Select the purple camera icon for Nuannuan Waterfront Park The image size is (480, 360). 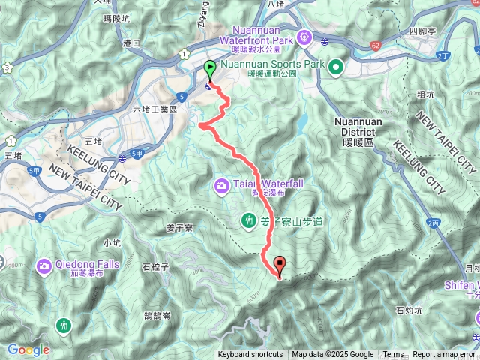click(x=305, y=37)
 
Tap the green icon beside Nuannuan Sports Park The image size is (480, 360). click(x=335, y=67)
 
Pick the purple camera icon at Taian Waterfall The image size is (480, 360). click(x=222, y=184)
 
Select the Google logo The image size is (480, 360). click(x=28, y=349)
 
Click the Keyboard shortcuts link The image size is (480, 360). click(x=250, y=355)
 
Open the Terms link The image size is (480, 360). click(x=393, y=355)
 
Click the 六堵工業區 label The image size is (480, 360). click(x=154, y=109)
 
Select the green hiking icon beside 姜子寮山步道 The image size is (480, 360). click(x=247, y=220)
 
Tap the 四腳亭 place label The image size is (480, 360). click(x=424, y=31)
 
